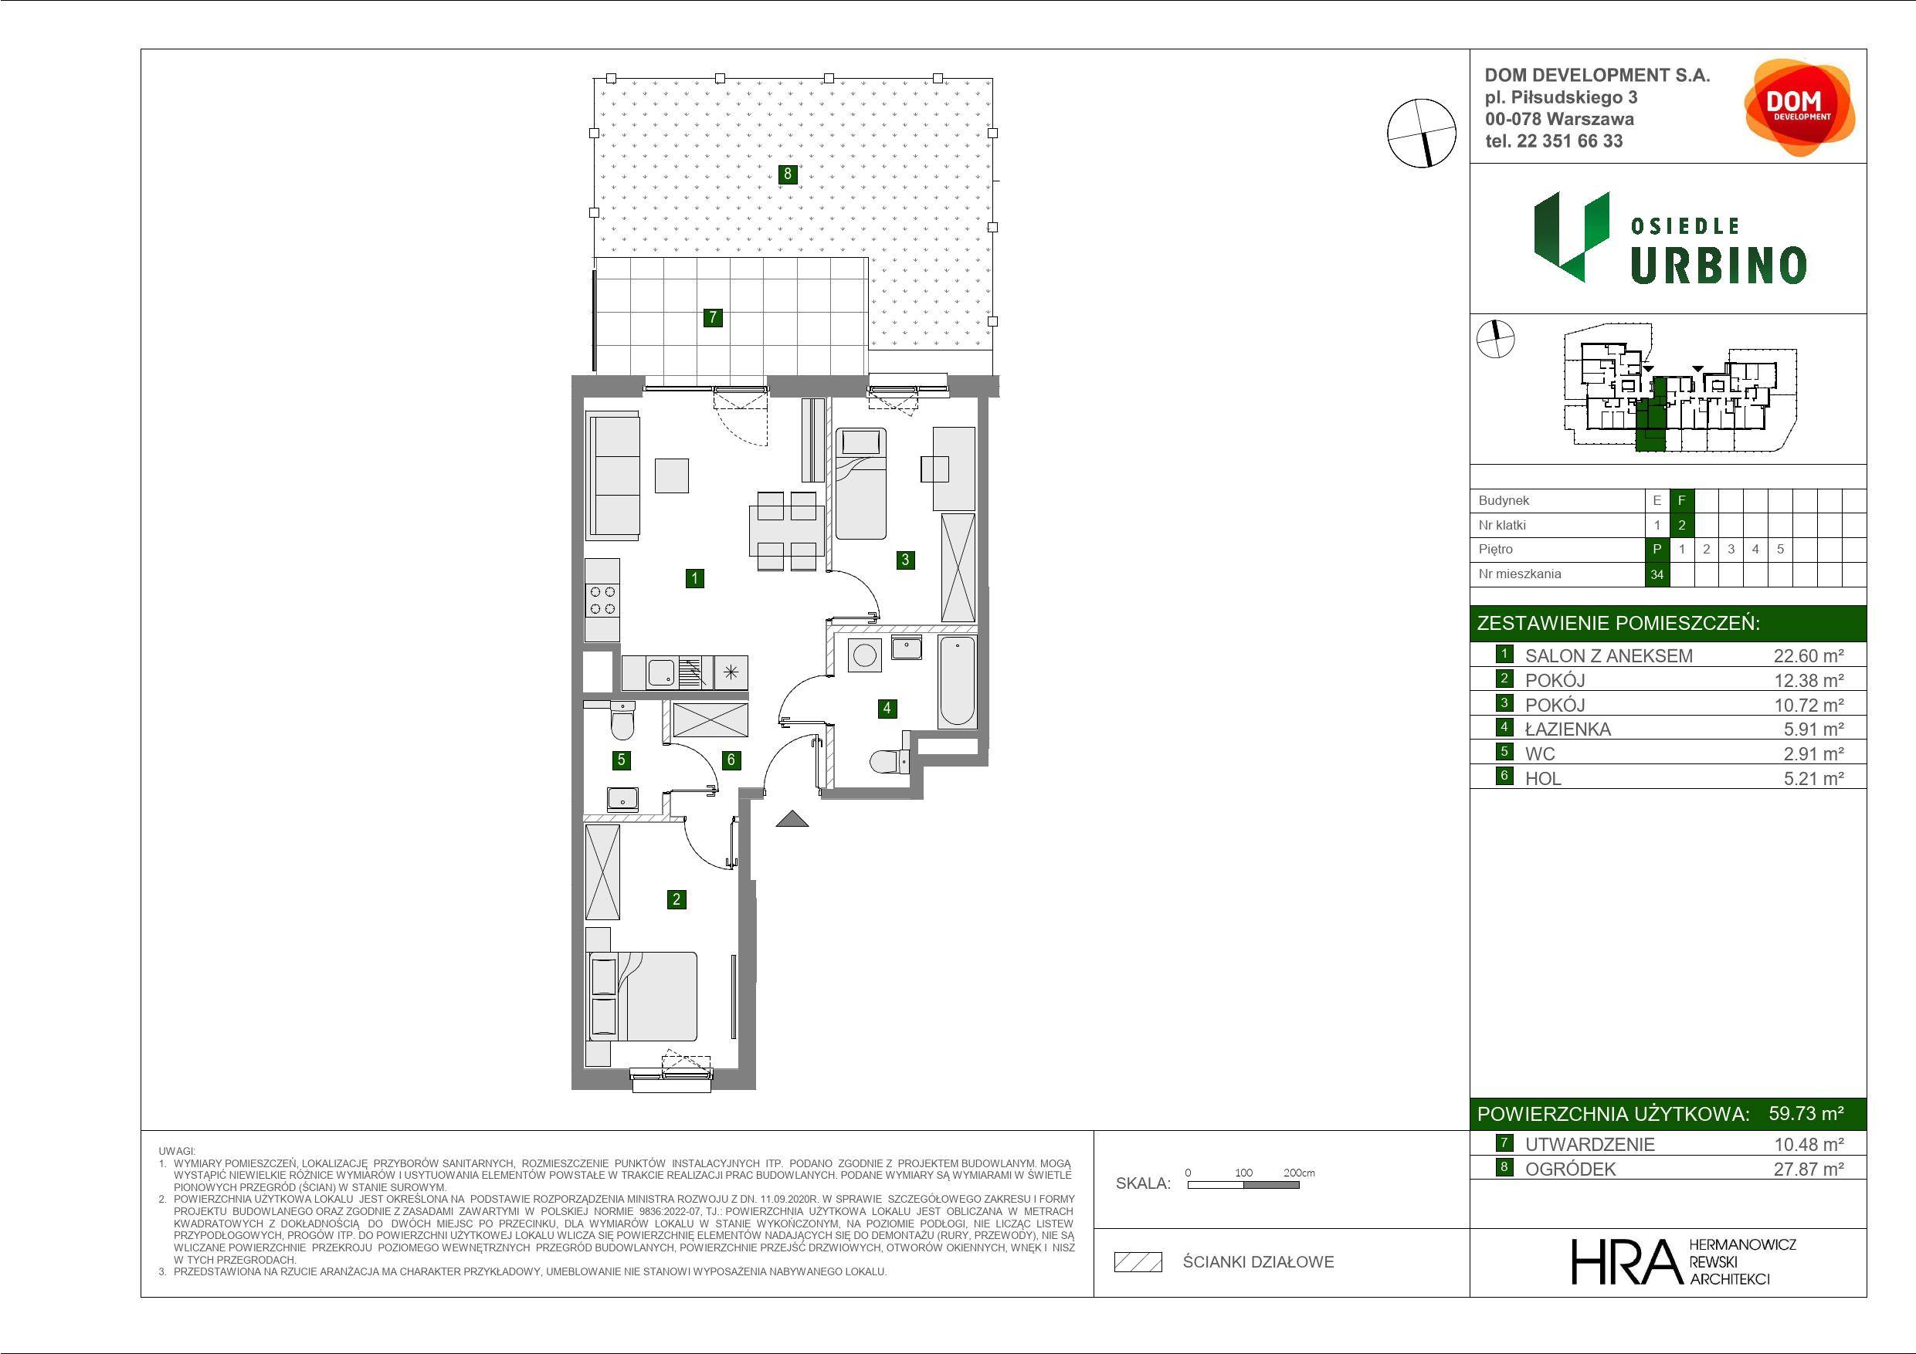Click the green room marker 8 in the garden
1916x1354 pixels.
[787, 174]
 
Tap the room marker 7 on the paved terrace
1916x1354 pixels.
[713, 317]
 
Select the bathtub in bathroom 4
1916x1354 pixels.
[957, 682]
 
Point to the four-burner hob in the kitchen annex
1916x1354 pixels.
[602, 600]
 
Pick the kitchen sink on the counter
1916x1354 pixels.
[663, 671]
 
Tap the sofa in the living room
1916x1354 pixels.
[614, 476]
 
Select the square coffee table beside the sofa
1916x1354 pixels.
[672, 476]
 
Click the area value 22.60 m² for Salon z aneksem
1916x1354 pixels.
[1809, 655]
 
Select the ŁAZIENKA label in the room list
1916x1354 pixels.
[1568, 729]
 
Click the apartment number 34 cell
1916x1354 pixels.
[1657, 574]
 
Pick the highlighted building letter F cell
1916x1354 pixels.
[1681, 500]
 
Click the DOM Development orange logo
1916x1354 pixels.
[1799, 107]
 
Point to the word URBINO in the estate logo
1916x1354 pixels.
[1718, 266]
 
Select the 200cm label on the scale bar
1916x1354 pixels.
[1299, 1172]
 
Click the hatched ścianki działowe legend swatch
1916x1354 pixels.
[1138, 1262]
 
